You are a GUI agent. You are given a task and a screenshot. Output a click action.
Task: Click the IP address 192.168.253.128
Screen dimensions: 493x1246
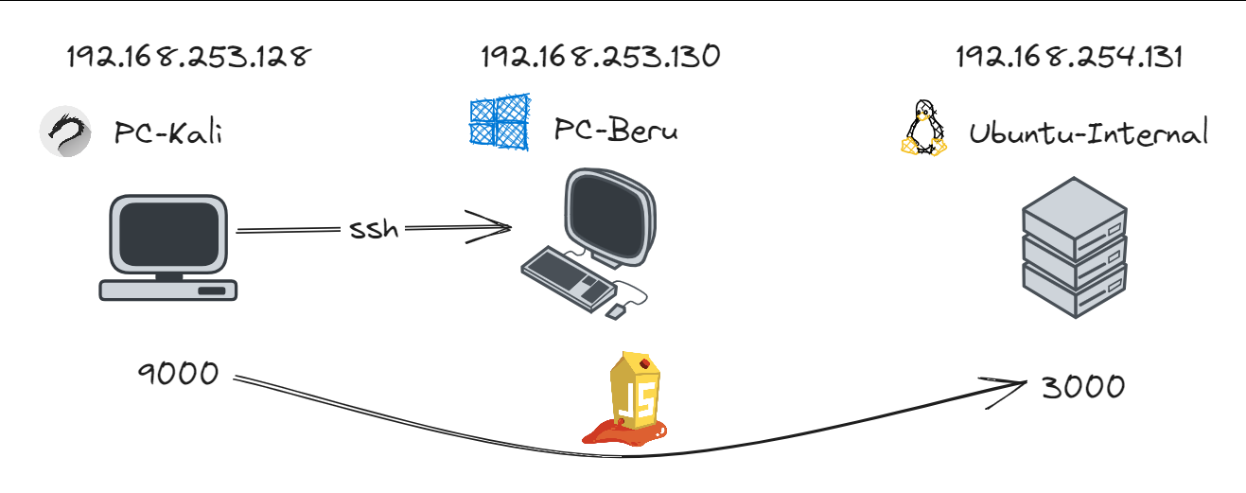(188, 58)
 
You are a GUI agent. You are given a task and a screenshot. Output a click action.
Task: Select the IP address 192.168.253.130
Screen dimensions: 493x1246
(601, 57)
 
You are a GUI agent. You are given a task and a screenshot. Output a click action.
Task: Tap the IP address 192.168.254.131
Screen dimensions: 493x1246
(1070, 58)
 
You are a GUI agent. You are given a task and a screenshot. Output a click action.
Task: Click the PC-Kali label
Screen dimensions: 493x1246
(168, 133)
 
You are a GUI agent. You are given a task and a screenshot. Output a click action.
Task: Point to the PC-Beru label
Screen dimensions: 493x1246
(616, 131)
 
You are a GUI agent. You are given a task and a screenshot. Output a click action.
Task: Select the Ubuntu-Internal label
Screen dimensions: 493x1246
(1088, 133)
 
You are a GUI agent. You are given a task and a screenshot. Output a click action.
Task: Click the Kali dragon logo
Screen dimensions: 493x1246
(65, 132)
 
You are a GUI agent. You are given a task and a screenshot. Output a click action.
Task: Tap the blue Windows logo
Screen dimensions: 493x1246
(499, 120)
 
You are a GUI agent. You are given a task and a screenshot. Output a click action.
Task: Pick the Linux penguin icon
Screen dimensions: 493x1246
(923, 129)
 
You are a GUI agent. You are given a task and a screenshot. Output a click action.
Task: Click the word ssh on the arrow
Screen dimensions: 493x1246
(374, 229)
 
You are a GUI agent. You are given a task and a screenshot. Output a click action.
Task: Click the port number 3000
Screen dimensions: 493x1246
(1082, 386)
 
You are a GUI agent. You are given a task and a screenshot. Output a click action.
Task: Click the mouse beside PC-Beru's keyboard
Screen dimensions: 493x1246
(615, 309)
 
